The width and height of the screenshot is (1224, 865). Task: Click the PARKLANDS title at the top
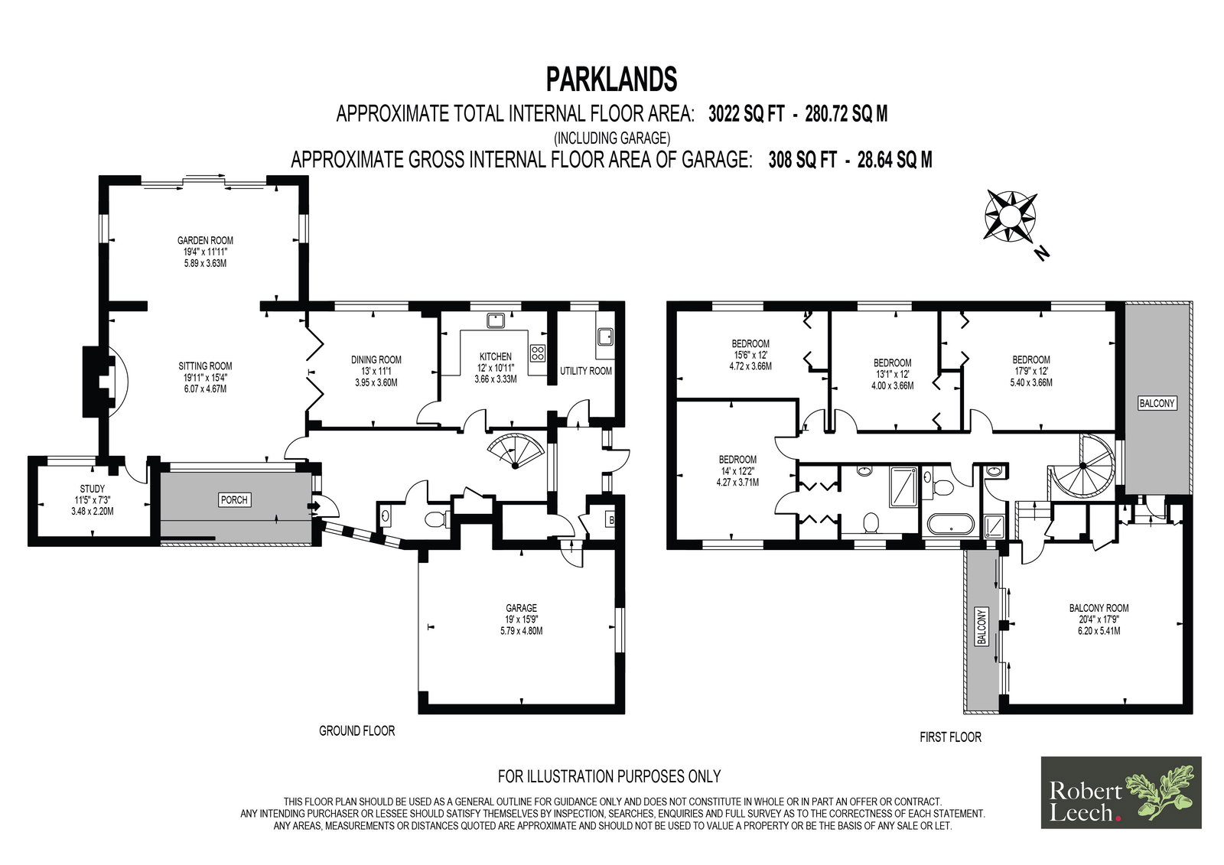611,80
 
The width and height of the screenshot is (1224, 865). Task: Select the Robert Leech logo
1121,792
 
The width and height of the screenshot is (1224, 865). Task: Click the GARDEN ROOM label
205,240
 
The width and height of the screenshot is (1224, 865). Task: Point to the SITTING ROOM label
205,366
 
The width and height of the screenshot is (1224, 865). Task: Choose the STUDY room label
92,489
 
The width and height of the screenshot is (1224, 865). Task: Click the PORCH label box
234,499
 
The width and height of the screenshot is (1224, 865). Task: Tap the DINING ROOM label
376,359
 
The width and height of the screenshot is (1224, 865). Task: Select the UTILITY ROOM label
586,371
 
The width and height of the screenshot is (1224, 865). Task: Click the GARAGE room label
521,607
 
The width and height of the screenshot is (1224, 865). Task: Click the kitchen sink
496,320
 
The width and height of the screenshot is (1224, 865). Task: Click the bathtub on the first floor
951,524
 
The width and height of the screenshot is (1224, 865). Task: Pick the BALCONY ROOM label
1099,607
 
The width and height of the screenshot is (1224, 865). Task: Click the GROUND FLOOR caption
356,730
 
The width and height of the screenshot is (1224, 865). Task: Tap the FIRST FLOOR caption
950,737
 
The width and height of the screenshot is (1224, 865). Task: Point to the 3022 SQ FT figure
747,114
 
